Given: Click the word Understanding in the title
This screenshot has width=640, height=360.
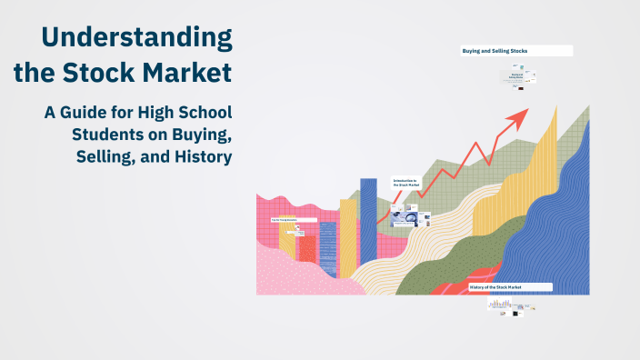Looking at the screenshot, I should tap(136, 37).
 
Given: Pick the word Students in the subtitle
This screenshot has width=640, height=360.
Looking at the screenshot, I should tap(110, 135).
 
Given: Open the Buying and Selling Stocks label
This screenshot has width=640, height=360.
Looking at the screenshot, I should tap(516, 51).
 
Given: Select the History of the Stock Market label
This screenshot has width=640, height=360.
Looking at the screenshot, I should tap(510, 287).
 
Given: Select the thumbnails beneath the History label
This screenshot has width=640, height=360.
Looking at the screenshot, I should tap(509, 306).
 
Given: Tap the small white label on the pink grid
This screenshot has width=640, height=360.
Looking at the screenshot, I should tap(293, 220).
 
